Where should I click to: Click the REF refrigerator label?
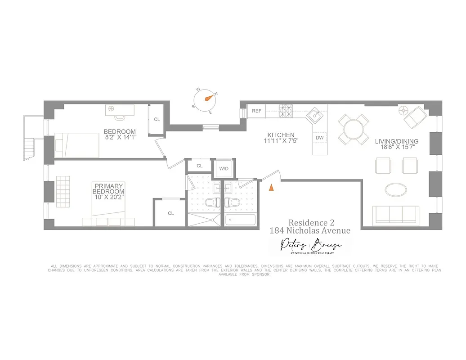256,111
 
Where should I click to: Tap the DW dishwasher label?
319,138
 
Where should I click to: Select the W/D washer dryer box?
224,169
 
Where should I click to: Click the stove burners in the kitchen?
286,110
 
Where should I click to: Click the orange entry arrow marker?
271,189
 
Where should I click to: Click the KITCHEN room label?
281,135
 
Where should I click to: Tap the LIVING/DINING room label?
396,141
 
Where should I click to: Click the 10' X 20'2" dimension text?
108,197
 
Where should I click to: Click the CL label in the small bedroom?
157,120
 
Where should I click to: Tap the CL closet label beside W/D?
200,166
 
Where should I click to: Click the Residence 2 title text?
309,223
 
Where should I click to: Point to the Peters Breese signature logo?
310,246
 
